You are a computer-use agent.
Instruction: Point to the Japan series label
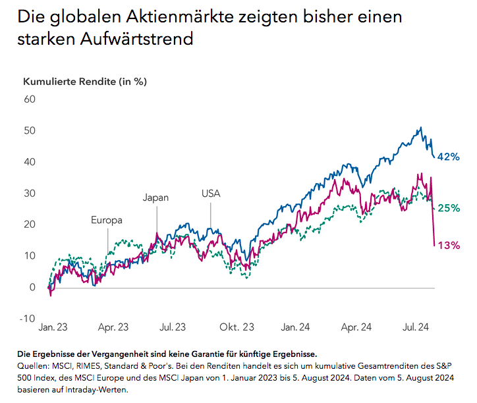(156, 197)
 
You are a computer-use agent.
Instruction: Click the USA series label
(211, 194)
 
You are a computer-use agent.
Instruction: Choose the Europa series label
(107, 220)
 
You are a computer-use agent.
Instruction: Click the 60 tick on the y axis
(29, 99)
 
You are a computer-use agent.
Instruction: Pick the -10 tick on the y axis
(27, 318)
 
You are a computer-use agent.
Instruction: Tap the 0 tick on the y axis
(32, 287)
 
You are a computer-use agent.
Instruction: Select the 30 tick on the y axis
(29, 194)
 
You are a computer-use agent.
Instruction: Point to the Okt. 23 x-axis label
(237, 326)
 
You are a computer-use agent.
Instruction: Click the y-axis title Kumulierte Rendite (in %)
(84, 82)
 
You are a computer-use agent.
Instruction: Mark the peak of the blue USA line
(420, 128)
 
